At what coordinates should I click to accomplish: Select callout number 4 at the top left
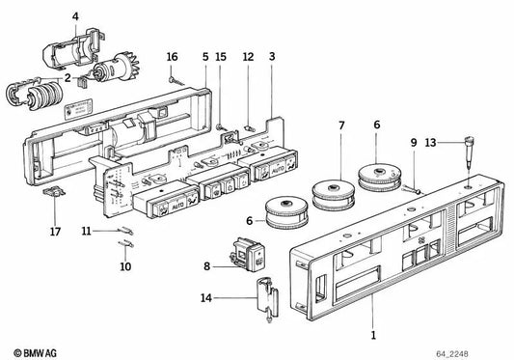(76, 14)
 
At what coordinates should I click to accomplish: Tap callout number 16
(173, 58)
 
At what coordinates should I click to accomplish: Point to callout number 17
(55, 231)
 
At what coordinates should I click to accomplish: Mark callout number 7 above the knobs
(340, 125)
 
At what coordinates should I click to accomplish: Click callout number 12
(248, 58)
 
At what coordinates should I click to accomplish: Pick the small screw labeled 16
(174, 81)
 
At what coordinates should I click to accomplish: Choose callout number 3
(273, 58)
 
